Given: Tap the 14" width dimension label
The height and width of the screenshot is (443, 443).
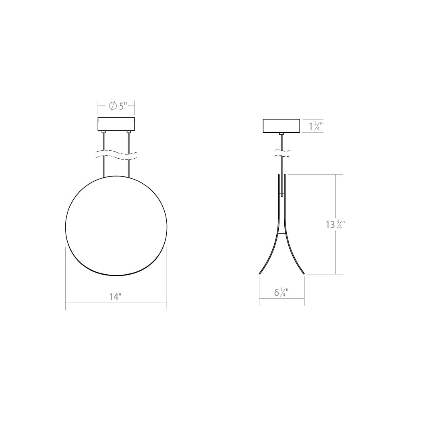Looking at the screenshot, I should [115, 297].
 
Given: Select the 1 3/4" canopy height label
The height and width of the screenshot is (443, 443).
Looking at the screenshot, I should [315, 126].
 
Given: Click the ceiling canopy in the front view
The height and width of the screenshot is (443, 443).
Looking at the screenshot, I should [116, 124].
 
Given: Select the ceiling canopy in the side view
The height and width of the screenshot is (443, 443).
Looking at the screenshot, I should [281, 126].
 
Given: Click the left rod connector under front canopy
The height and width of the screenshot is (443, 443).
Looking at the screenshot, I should [104, 132].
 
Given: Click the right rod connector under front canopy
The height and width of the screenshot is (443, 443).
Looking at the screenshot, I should [128, 132].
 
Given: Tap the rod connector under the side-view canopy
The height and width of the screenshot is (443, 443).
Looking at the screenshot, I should [282, 133].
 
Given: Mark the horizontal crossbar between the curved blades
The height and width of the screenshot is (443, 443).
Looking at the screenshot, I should [282, 233].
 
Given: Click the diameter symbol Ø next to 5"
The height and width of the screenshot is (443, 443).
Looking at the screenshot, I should [113, 106].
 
